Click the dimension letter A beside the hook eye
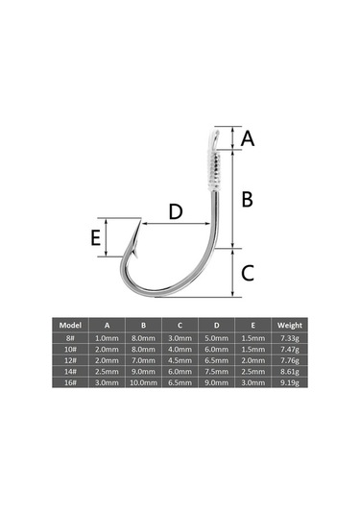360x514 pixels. [248, 138]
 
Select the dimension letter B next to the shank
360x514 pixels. [248, 199]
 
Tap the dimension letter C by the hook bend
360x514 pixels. [248, 273]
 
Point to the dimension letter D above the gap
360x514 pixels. [176, 211]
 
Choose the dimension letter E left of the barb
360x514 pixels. [95, 238]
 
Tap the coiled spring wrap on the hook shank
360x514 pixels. [213, 171]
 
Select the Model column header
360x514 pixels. [70, 325]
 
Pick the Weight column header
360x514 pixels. [290, 325]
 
